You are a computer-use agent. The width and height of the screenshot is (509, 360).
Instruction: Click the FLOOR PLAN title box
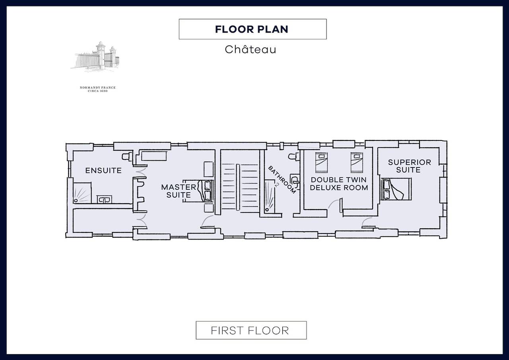[x=253, y=29]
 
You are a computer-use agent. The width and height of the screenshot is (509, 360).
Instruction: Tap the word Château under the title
[x=251, y=49]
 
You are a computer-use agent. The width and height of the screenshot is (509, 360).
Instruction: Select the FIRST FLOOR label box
[x=251, y=330]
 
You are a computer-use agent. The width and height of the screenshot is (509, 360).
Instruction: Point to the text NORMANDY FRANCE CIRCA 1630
[x=98, y=89]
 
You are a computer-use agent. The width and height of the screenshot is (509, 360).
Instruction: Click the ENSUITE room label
[x=103, y=171]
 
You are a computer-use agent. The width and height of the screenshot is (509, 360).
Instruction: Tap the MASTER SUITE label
[x=179, y=191]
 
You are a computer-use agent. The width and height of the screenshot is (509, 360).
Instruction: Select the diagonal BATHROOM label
[x=282, y=180]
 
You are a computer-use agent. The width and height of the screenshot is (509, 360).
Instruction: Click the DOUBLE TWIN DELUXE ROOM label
[x=339, y=184]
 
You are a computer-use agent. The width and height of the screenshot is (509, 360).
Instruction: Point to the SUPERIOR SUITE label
[x=409, y=166]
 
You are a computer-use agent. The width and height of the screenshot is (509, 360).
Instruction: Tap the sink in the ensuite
[x=104, y=199]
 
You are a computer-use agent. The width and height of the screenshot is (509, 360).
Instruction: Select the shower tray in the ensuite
[x=82, y=193]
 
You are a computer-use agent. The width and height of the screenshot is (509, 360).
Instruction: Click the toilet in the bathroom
[x=293, y=156]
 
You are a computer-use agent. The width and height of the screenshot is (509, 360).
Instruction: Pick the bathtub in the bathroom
[x=270, y=197]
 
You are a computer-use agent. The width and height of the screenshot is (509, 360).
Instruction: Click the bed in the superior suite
[x=396, y=189]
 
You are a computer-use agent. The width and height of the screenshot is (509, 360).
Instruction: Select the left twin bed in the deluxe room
[x=322, y=163]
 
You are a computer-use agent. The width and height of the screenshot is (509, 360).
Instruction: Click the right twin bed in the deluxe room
[x=357, y=163]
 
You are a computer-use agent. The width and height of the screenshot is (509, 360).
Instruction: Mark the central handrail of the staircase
[x=238, y=187]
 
